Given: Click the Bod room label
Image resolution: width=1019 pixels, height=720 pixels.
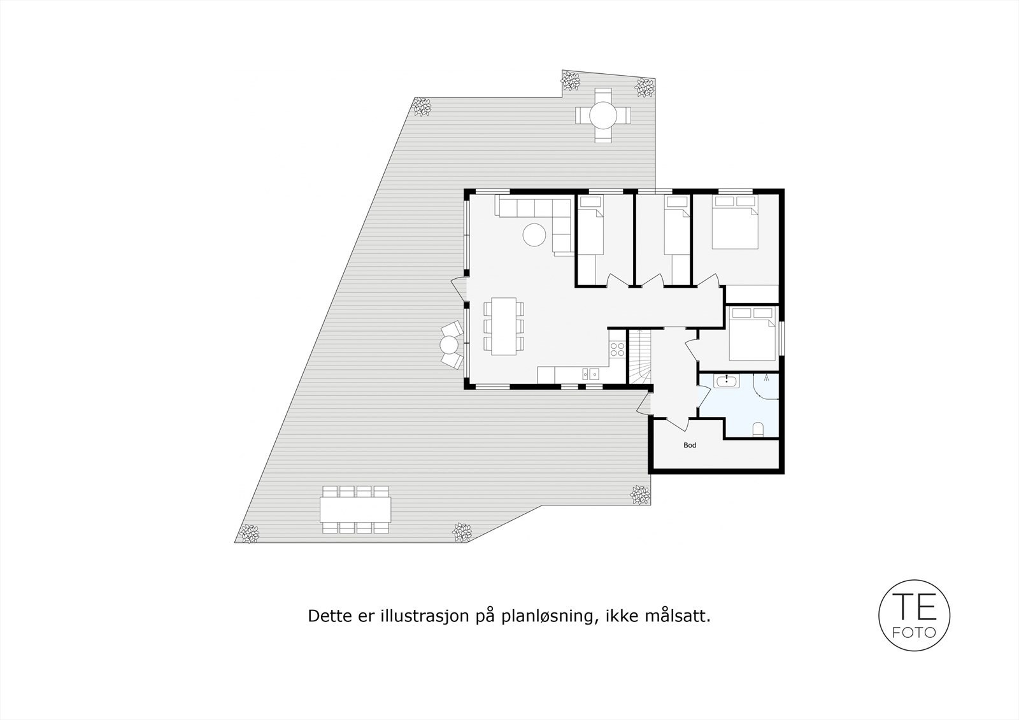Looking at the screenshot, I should (690, 445).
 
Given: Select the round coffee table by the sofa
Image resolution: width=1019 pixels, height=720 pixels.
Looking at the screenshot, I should (534, 236).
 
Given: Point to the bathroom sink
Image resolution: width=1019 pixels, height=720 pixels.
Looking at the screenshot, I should (726, 381).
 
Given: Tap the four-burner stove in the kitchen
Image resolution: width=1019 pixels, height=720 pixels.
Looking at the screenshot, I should (171, 348).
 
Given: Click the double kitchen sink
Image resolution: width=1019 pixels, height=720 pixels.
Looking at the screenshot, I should (144, 374).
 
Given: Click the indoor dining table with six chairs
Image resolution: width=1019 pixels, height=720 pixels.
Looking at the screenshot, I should (504, 326).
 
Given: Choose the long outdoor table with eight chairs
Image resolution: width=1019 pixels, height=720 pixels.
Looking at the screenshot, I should (355, 510).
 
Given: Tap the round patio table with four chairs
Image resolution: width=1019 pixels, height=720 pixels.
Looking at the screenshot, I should (602, 115).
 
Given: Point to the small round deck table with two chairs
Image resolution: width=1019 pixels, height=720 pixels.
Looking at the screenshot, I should (449, 346).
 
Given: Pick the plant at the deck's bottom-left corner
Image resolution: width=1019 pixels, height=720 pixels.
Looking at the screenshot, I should (249, 533).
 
